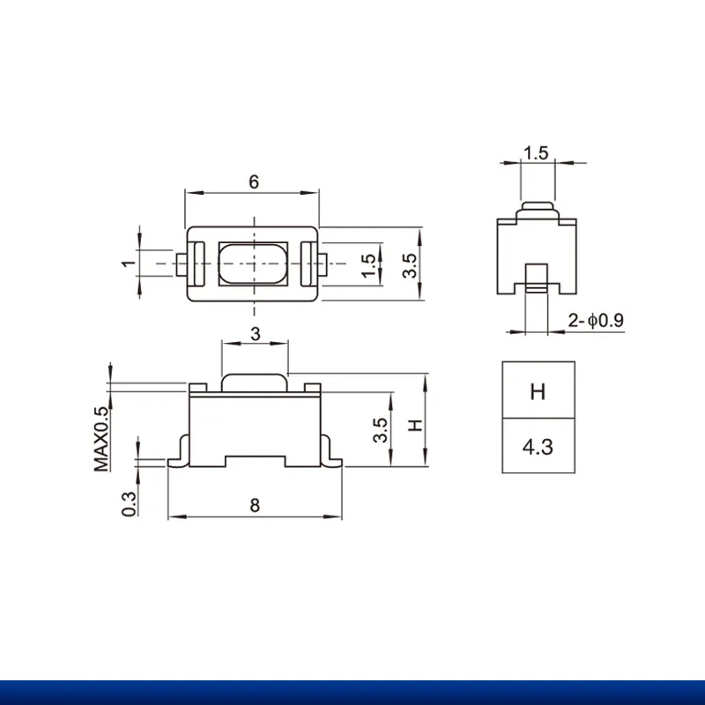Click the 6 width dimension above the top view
tap(254, 182)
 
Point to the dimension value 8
tap(255, 506)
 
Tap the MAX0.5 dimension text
tap(103, 438)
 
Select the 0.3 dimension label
tap(130, 503)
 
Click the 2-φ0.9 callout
tap(597, 321)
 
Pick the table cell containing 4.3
tap(538, 447)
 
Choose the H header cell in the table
tap(538, 391)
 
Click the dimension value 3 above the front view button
tap(255, 334)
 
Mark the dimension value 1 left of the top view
tap(128, 263)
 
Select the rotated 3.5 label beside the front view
tap(381, 430)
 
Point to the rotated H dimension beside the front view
tap(415, 425)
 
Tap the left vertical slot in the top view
tap(198, 263)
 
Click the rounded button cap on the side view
tap(538, 209)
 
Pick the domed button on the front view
tap(255, 381)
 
